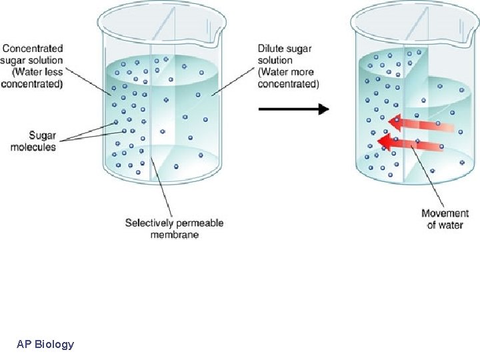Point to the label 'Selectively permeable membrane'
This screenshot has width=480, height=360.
(x=174, y=229)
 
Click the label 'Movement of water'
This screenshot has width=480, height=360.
(x=445, y=219)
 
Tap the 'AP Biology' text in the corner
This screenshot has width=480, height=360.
(x=45, y=345)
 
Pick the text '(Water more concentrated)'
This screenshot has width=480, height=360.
(x=288, y=78)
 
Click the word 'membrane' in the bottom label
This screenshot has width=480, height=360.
(x=174, y=235)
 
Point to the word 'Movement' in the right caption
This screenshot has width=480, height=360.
(x=445, y=213)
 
